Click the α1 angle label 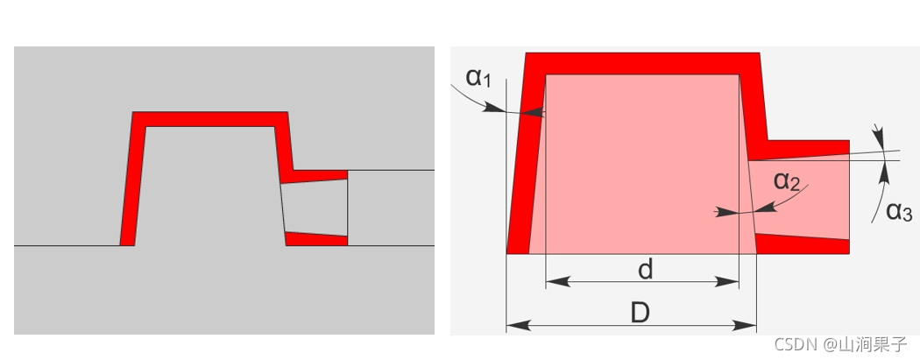[478, 77]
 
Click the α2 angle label [787, 181]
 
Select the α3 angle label [898, 211]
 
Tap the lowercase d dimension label [645, 269]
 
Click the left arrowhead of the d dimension [554, 282]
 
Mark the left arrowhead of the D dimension [515, 325]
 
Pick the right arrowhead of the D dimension [747, 325]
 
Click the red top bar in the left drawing [210, 119]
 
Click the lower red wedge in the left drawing [316, 238]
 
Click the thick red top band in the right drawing [642, 63]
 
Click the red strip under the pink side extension [802, 244]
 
